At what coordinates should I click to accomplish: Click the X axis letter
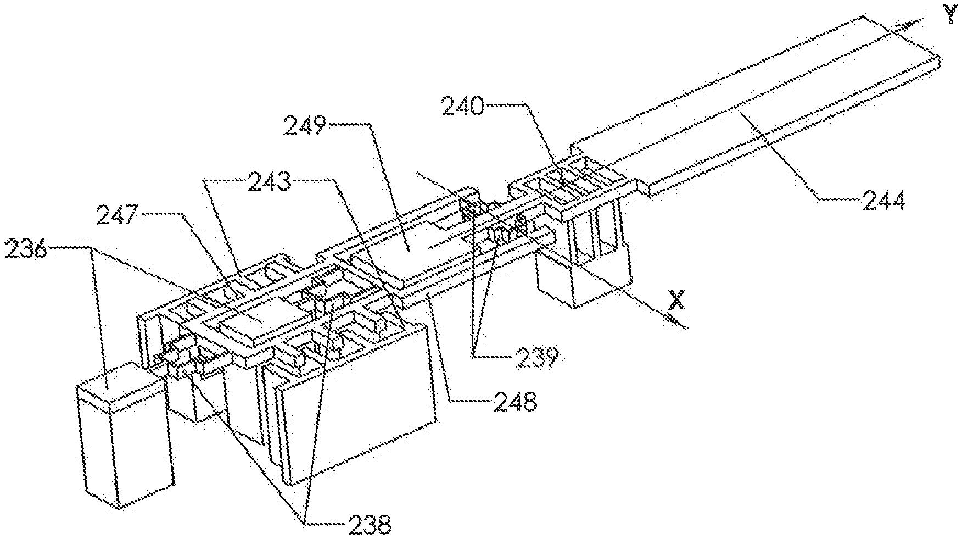[678, 299]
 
